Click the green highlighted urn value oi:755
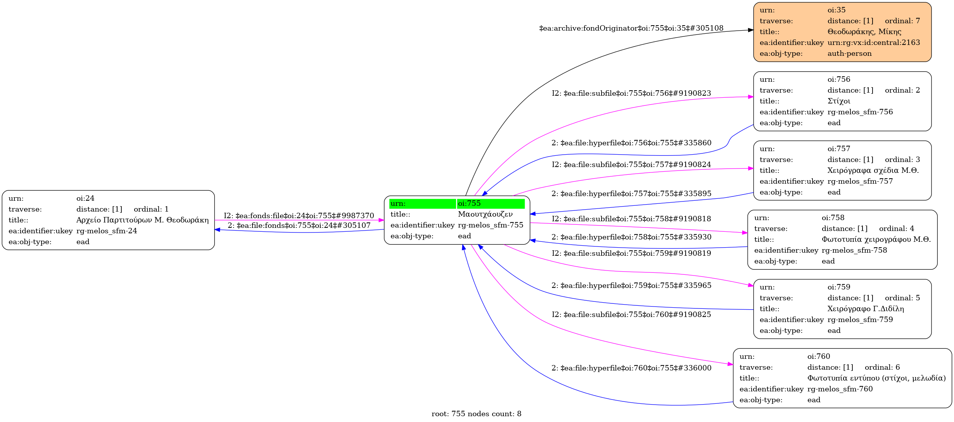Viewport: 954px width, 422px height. [469, 203]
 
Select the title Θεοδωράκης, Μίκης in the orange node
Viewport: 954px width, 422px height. [864, 32]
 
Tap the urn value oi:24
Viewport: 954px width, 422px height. [85, 198]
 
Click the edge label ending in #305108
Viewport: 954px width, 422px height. [631, 28]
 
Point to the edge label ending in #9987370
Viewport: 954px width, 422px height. [299, 215]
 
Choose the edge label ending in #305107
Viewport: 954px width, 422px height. [299, 225]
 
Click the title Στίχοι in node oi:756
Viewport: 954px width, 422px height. [839, 101]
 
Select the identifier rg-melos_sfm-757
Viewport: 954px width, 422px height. [860, 181]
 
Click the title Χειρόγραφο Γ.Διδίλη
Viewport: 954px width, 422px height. [866, 309]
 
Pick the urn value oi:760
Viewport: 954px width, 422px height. [819, 357]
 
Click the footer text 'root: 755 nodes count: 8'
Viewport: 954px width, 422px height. [476, 414]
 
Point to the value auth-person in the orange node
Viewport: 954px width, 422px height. [849, 53]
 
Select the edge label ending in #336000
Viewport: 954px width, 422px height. [631, 368]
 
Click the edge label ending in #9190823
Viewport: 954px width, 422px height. [631, 93]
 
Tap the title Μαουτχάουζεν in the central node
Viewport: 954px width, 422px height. [485, 214]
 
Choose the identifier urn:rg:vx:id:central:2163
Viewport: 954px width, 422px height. [873, 43]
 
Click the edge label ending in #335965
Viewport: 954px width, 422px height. [631, 286]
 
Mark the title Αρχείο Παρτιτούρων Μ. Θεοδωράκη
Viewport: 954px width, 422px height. [142, 220]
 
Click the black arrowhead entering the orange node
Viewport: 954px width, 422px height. [750, 30]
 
